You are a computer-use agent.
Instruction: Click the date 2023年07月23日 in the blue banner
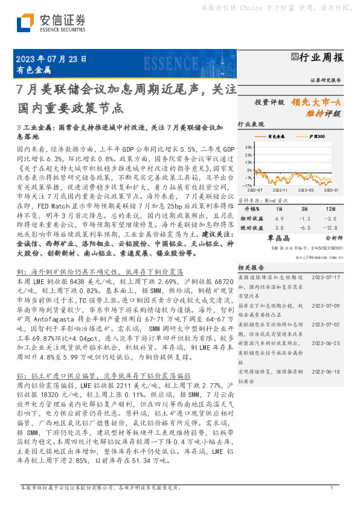pyautogui.click(x=51, y=59)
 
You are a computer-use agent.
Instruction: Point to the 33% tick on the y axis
pyautogui.click(x=249, y=147)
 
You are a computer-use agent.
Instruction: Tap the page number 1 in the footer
pyautogui.click(x=332, y=487)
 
